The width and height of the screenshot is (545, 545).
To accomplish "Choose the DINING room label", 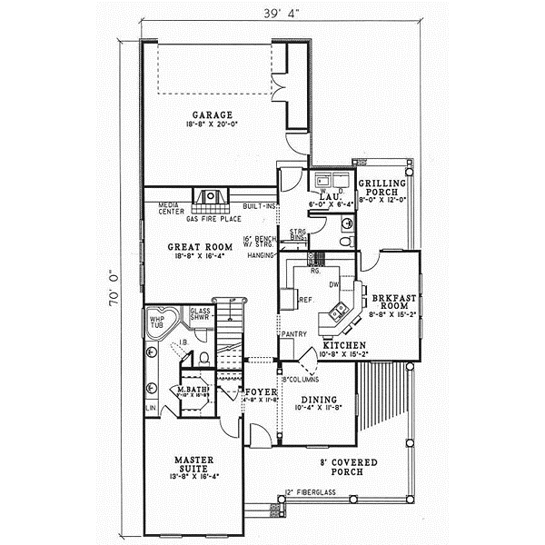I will tap(318, 400).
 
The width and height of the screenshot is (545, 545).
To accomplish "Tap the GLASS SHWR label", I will tap(200, 313).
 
